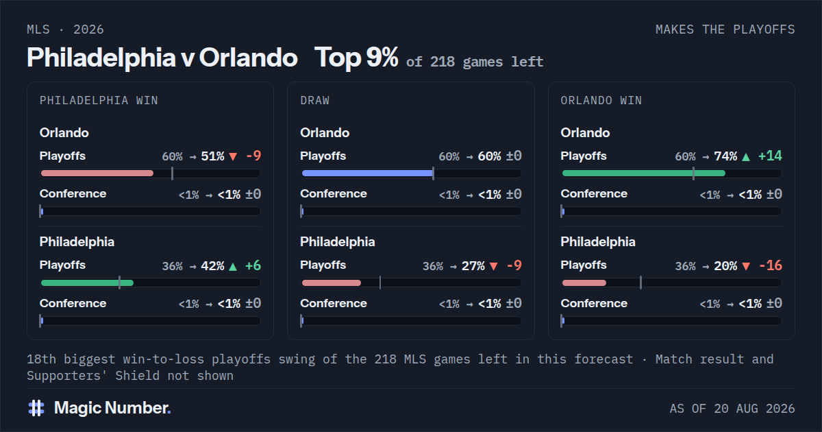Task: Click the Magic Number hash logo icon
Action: click(x=36, y=408)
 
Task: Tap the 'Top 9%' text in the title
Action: click(x=356, y=58)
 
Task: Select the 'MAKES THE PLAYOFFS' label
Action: click(x=725, y=29)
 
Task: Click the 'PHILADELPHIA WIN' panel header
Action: click(x=99, y=100)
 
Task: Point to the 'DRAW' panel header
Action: click(x=315, y=100)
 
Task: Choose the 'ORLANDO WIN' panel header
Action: click(x=601, y=100)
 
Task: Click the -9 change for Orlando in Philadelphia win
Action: click(x=253, y=156)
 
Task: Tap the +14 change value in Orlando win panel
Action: click(x=770, y=156)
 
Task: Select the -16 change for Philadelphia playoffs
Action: click(x=770, y=265)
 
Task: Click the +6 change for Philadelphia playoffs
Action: click(x=253, y=265)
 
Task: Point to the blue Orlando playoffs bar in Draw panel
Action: click(x=367, y=173)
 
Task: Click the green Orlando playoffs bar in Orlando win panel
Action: click(x=644, y=173)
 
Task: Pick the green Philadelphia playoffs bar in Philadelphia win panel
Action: click(x=88, y=283)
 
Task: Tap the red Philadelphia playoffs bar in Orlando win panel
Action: click(x=584, y=283)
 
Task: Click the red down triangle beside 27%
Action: click(x=494, y=266)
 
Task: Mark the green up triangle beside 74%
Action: click(x=746, y=157)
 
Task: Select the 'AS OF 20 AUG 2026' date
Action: click(x=732, y=409)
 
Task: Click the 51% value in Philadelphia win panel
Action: click(x=212, y=156)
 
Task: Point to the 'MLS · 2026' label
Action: click(x=65, y=29)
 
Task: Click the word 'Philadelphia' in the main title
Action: click(x=101, y=58)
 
